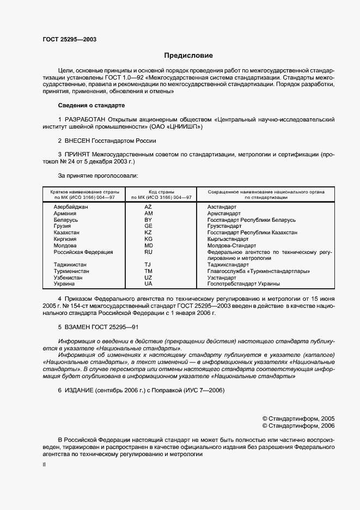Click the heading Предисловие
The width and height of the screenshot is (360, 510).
point(189,56)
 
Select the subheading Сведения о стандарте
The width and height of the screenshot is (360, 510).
point(91,105)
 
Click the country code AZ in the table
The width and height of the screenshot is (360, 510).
point(148,207)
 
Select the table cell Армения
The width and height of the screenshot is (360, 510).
point(65,214)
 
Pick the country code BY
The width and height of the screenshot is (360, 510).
point(148,220)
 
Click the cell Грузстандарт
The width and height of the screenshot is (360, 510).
point(224,226)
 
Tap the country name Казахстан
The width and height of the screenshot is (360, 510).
point(67,233)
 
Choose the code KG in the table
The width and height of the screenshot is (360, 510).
point(148,239)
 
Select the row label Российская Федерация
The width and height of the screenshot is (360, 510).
point(83,252)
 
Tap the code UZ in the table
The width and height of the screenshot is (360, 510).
point(148,277)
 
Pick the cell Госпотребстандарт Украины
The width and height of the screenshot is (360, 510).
point(243,284)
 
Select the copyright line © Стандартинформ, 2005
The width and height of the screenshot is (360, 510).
point(298,418)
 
